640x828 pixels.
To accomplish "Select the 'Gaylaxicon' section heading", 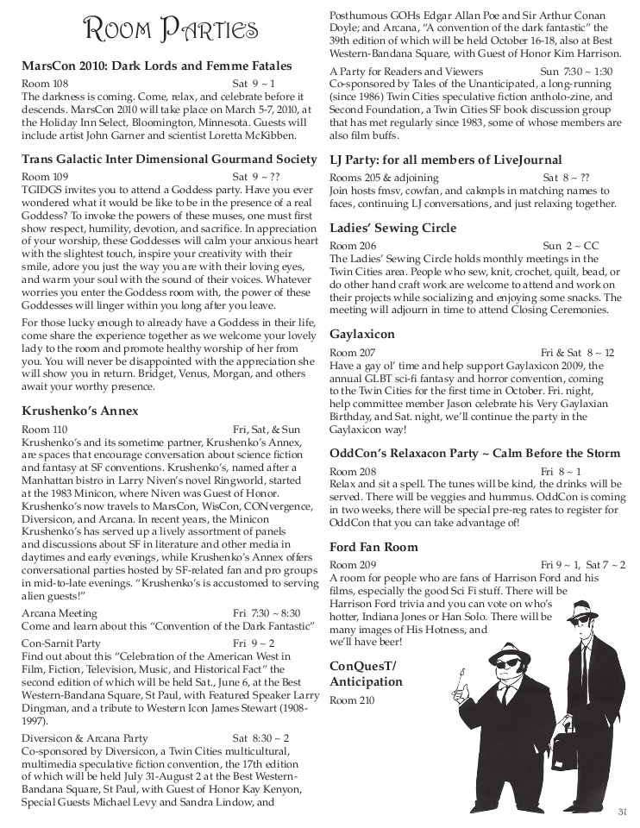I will point(362,334).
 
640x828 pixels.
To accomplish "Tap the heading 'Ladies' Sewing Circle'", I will point(393,229).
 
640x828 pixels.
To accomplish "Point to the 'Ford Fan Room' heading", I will point(373,547).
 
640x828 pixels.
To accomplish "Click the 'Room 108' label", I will point(45,84).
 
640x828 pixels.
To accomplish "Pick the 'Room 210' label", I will point(353,700).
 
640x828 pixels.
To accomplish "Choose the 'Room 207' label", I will point(353,353).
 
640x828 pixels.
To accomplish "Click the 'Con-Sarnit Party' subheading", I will point(61,643).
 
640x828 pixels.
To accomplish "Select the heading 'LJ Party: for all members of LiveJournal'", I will point(445,160).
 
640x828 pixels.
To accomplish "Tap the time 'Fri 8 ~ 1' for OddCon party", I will point(561,472).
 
